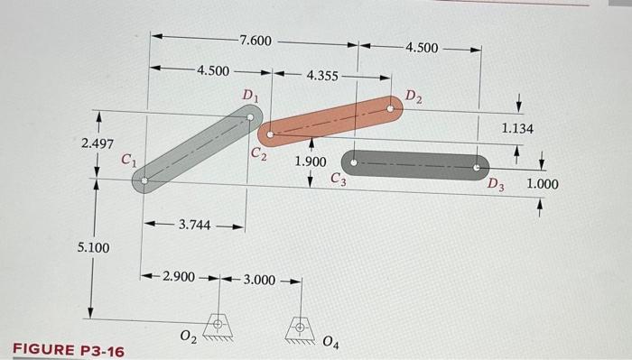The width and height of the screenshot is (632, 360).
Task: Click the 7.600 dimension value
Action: [x=255, y=41]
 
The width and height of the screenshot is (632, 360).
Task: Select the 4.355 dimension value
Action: [x=323, y=76]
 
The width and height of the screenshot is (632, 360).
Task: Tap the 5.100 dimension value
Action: [x=94, y=246]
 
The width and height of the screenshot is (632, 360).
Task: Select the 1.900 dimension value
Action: [x=311, y=162]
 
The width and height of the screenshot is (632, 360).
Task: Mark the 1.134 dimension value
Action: [x=517, y=129]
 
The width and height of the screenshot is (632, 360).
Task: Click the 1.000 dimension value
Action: [x=542, y=184]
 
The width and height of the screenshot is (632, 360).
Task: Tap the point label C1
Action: [x=129, y=162]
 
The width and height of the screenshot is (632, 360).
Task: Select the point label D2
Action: [x=413, y=96]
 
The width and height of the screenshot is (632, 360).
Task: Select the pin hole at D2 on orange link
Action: [x=390, y=107]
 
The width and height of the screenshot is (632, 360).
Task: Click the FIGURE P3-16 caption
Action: [x=68, y=350]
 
